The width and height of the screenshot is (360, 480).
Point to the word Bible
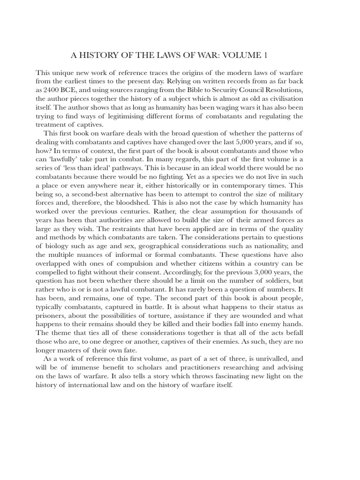[205, 90]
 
